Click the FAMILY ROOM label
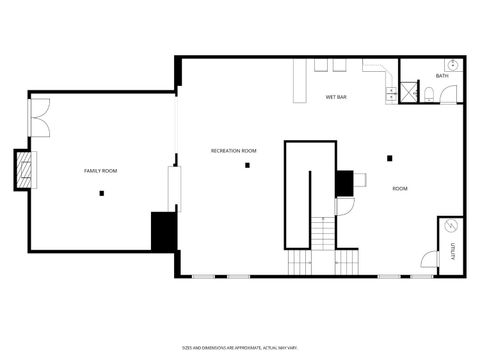coord(100,171)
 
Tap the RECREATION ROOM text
coord(233,151)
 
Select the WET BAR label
coord(336,98)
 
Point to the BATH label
coord(442,77)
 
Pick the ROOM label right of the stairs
coord(399,188)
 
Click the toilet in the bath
coord(428,95)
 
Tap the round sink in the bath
coord(452,65)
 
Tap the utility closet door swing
coord(428,258)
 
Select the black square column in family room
coord(101,193)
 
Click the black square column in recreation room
coord(247,165)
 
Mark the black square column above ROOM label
coord(389,157)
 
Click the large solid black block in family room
coord(163,231)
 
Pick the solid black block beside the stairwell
coord(344,183)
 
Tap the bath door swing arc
coord(449,95)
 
